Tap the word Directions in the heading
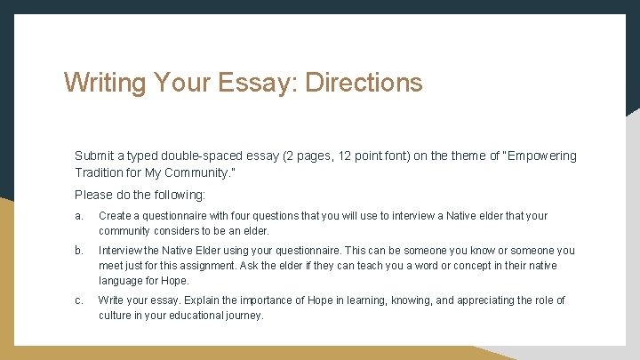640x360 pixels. click(x=364, y=83)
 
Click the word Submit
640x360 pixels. click(x=94, y=156)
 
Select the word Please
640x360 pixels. click(x=93, y=194)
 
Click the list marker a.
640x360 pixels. click(x=79, y=216)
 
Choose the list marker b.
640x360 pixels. click(x=79, y=251)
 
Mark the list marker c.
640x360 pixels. click(x=79, y=300)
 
